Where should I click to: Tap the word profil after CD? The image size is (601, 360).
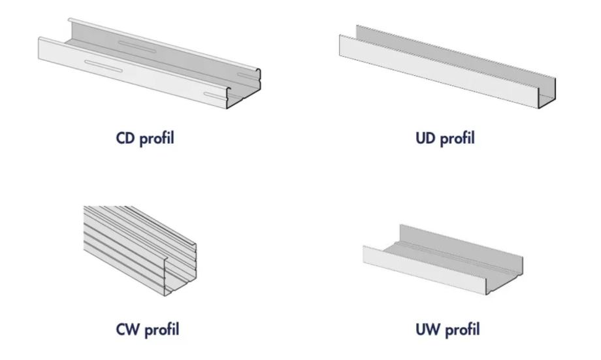tap(157, 139)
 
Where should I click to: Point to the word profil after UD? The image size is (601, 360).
tap(458, 139)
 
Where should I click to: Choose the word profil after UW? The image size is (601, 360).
tap(461, 331)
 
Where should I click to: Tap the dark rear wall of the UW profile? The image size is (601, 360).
tap(457, 245)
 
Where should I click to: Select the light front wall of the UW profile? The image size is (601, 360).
tap(418, 268)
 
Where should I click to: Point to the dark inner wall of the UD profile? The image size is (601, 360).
tap(457, 52)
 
